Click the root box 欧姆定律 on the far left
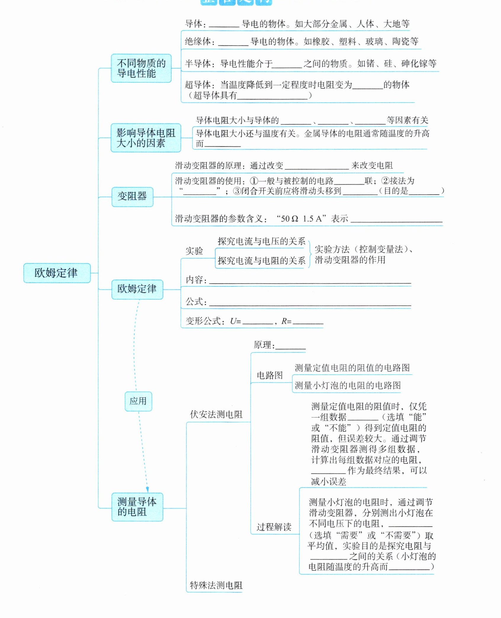tap(56, 273)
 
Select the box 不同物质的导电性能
tap(141, 68)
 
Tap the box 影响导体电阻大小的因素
tap(146, 138)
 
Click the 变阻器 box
tap(132, 197)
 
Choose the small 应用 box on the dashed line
tap(138, 401)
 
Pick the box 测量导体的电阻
tap(137, 507)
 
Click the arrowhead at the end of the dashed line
tap(147, 489)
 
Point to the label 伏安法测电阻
tap(216, 414)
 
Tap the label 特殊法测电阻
tap(216, 585)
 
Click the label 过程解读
tap(274, 527)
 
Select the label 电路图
tap(269, 376)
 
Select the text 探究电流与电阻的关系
tap(261, 261)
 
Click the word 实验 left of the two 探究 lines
tap(194, 251)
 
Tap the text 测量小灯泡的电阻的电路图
tap(348, 386)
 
